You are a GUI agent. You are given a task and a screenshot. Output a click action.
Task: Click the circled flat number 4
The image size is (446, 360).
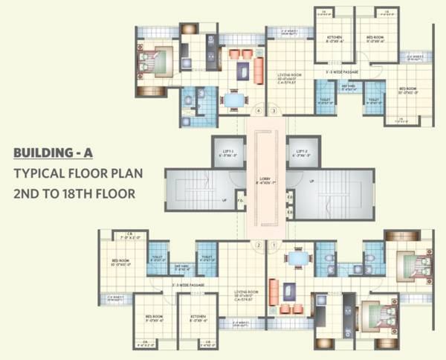click(258, 112)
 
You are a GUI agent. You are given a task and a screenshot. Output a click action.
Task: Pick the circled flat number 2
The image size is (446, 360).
click(258, 245)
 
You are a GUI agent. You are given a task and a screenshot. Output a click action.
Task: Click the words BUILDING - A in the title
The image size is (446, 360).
click(51, 154)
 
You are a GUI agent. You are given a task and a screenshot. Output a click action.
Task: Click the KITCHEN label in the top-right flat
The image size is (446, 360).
click(333, 37)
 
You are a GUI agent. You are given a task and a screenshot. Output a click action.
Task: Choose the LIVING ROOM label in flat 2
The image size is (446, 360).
click(245, 293)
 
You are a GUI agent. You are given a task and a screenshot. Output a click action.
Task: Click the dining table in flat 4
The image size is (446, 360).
click(234, 99)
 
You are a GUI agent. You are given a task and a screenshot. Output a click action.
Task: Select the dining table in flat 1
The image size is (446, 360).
click(298, 258)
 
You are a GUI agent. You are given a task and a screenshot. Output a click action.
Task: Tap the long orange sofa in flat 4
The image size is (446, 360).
click(259, 70)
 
